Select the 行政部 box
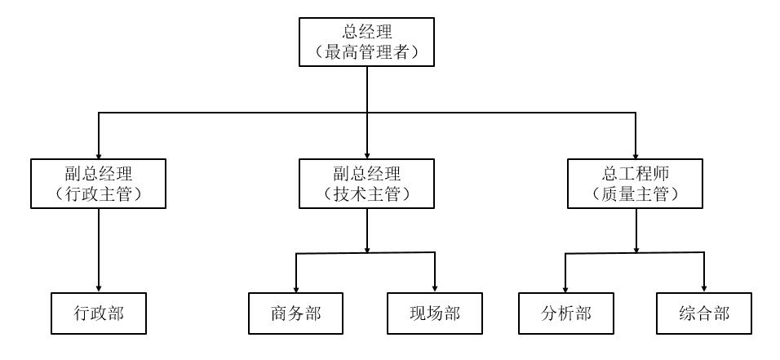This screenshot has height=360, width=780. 100,313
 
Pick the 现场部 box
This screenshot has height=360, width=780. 435,313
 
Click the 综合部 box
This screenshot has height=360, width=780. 704,313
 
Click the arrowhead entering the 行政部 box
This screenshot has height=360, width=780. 100,287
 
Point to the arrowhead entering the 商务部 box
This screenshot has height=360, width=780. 296,287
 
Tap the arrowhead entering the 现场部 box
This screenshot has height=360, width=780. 435,287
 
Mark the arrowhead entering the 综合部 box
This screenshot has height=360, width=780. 704,287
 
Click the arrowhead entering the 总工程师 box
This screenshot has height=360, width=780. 636,155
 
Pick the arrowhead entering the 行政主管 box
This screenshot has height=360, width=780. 100,155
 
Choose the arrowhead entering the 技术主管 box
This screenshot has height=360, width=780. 367,155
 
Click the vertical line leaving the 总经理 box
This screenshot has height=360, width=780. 367,90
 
